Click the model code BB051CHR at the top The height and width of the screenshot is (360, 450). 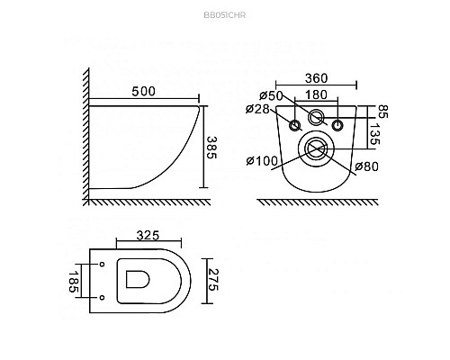click(225, 15)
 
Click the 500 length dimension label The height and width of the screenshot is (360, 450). click(144, 92)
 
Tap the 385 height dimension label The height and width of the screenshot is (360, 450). click(211, 148)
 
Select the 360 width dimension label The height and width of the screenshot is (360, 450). click(317, 78)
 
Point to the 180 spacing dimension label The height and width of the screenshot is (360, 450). click(316, 94)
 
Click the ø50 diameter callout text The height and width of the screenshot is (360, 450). click(271, 95)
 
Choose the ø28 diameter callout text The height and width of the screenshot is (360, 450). click(257, 109)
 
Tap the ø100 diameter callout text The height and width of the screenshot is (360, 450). click(262, 161)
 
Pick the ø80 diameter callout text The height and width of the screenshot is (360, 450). click(366, 166)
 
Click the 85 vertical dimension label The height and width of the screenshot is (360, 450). click(382, 112)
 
